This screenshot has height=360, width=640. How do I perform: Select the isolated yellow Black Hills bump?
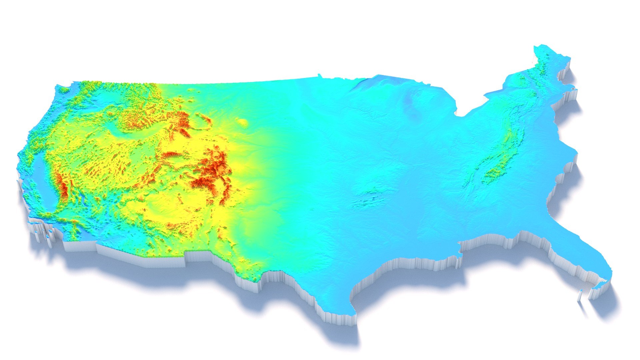pos(243,123)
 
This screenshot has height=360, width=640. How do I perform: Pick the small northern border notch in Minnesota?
pos(319,75)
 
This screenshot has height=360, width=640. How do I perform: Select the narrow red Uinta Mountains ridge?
pos(172,155)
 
